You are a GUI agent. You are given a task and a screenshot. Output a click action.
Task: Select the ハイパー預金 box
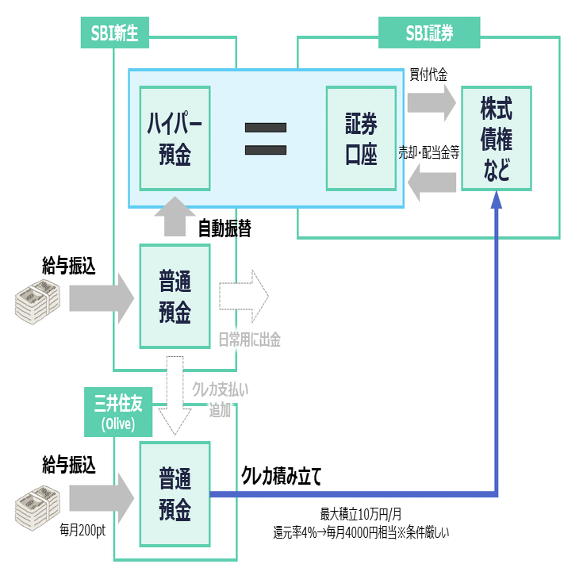click(175, 137)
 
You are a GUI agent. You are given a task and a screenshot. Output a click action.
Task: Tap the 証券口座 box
click(361, 137)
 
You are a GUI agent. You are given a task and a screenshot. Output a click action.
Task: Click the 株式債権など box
click(496, 137)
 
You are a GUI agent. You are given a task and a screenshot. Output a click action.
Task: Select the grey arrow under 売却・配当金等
click(432, 182)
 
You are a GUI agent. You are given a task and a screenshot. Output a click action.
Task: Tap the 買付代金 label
click(428, 75)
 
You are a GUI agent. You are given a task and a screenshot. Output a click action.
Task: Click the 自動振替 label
click(224, 228)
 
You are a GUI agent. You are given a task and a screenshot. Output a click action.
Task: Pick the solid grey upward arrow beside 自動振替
click(175, 217)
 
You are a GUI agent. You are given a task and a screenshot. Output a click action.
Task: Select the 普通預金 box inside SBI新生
click(175, 296)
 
